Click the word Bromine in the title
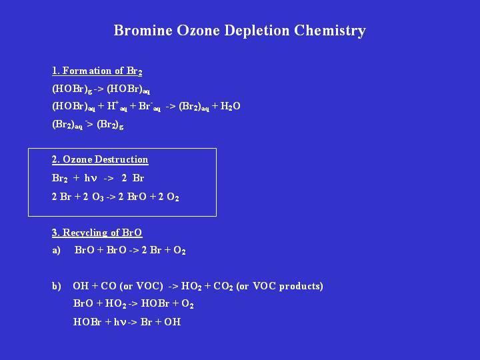143,30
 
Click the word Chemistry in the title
330,31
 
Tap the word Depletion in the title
257,31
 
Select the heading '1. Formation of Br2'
97,71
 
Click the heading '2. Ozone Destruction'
100,159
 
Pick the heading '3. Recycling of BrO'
97,233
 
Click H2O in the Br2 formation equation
230,106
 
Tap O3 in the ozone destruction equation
97,197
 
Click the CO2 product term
223,286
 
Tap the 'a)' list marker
56,251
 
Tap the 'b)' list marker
56,286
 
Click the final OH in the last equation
173,322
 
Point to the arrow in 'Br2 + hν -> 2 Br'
109,179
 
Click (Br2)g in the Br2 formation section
110,125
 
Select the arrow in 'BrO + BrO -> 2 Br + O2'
134,251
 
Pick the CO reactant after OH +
109,286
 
